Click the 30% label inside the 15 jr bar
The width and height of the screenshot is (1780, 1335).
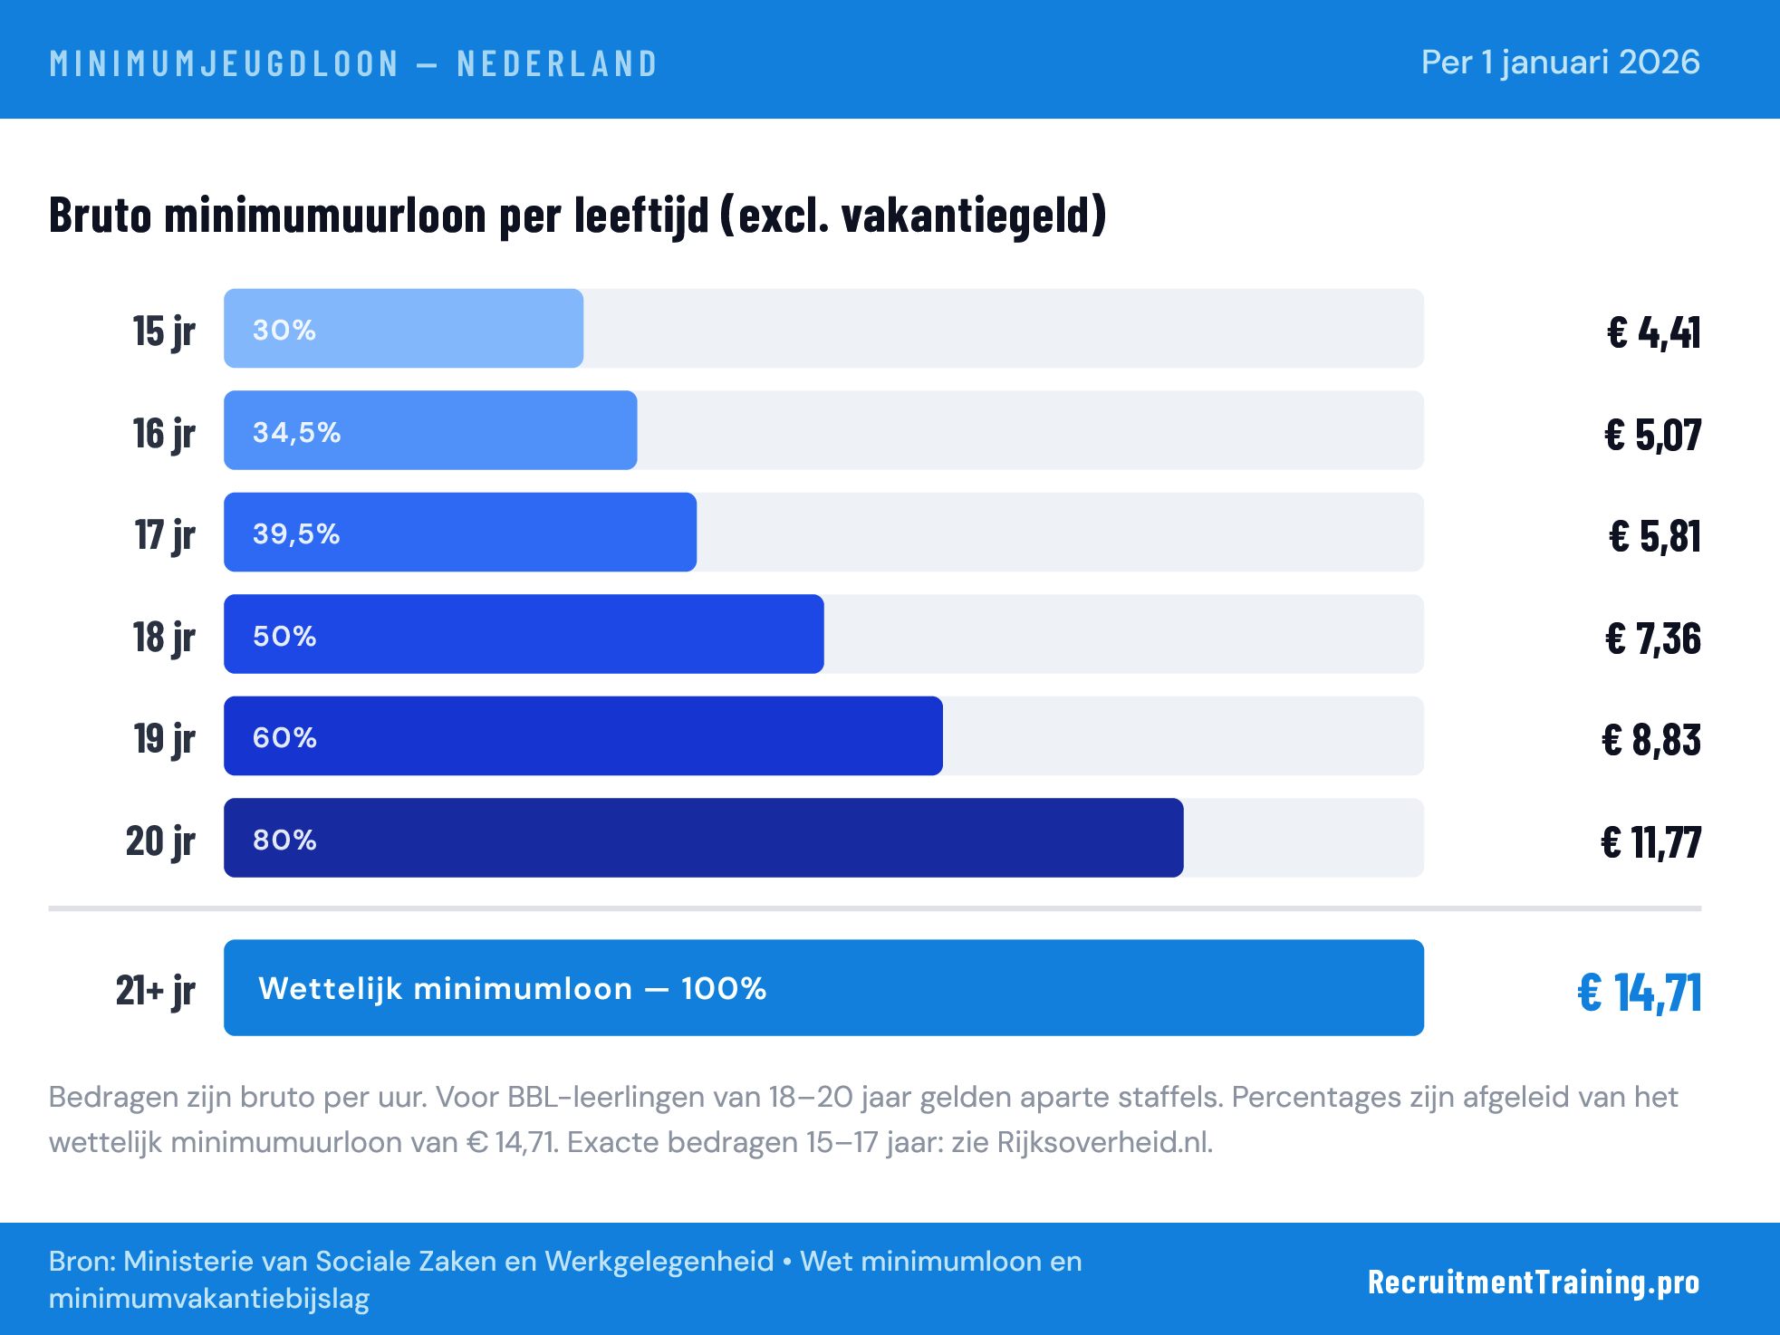pos(284,330)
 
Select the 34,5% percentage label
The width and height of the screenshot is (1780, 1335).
pos(296,432)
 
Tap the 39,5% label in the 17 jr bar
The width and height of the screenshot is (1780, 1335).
pos(296,533)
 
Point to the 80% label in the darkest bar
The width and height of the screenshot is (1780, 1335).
pos(284,840)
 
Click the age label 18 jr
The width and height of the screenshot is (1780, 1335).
pos(164,637)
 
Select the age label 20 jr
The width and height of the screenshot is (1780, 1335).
pos(160,840)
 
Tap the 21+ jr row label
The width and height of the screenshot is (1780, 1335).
pos(155,990)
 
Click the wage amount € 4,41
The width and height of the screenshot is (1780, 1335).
pos(1653,332)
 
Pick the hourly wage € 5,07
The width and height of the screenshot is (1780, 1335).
pos(1652,435)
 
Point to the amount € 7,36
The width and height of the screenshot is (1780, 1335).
pos(1652,639)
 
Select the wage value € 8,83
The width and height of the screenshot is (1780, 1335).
pos(1650,740)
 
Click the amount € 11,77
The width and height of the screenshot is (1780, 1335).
pos(1650,842)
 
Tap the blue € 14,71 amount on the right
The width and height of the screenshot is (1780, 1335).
pos(1639,992)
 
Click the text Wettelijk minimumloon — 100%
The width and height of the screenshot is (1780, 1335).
pos(512,988)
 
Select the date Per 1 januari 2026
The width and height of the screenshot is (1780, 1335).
pos(1560,62)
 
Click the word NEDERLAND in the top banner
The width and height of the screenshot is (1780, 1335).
pos(557,63)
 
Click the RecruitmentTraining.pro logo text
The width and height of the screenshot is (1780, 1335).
pos(1533,1282)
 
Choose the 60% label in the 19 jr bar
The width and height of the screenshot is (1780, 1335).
pos(284,737)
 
